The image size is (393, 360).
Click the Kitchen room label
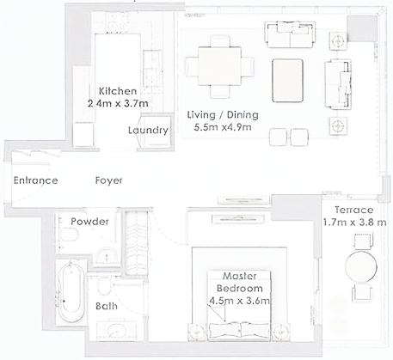coord(118,91)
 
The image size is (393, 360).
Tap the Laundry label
coord(148,131)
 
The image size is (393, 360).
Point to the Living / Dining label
coord(223,114)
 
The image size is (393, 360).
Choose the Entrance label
coord(34,180)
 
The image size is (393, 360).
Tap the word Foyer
coord(108,180)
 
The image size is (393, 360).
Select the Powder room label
coord(89,222)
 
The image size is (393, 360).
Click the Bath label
coord(107,306)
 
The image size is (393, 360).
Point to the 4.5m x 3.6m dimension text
coord(241,301)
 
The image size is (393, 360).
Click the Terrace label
coord(354,210)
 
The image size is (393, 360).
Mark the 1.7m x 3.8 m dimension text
coord(354,223)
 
